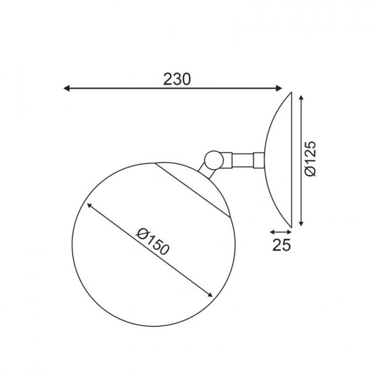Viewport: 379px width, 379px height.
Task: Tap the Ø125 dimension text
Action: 311,158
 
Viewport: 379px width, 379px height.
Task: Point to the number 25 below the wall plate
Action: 282,245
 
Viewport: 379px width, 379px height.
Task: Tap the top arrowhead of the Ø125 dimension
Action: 301,97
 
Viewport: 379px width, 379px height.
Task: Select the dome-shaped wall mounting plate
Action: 279,159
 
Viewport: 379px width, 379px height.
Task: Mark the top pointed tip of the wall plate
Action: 292,92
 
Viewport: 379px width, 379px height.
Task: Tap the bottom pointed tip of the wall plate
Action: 292,226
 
